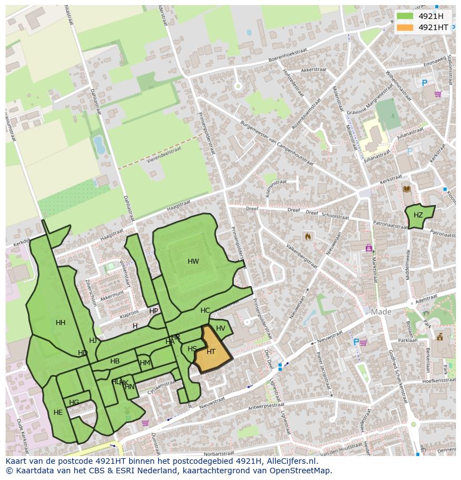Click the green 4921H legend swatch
[x=405, y=16]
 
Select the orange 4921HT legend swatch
[x=405, y=27]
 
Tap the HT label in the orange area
[x=211, y=352]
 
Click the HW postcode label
[x=193, y=261]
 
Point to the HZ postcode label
[x=418, y=215]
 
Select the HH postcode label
[x=61, y=323]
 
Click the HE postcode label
[x=58, y=413]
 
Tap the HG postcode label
[x=74, y=403]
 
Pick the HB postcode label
[x=115, y=361]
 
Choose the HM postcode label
[x=145, y=363]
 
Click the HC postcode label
[x=205, y=311]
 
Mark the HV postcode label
[x=220, y=328]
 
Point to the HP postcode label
[x=154, y=311]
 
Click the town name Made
[x=381, y=312]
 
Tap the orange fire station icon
[x=307, y=237]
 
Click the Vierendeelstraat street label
[x=164, y=152]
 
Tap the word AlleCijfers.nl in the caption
[x=289, y=461]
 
